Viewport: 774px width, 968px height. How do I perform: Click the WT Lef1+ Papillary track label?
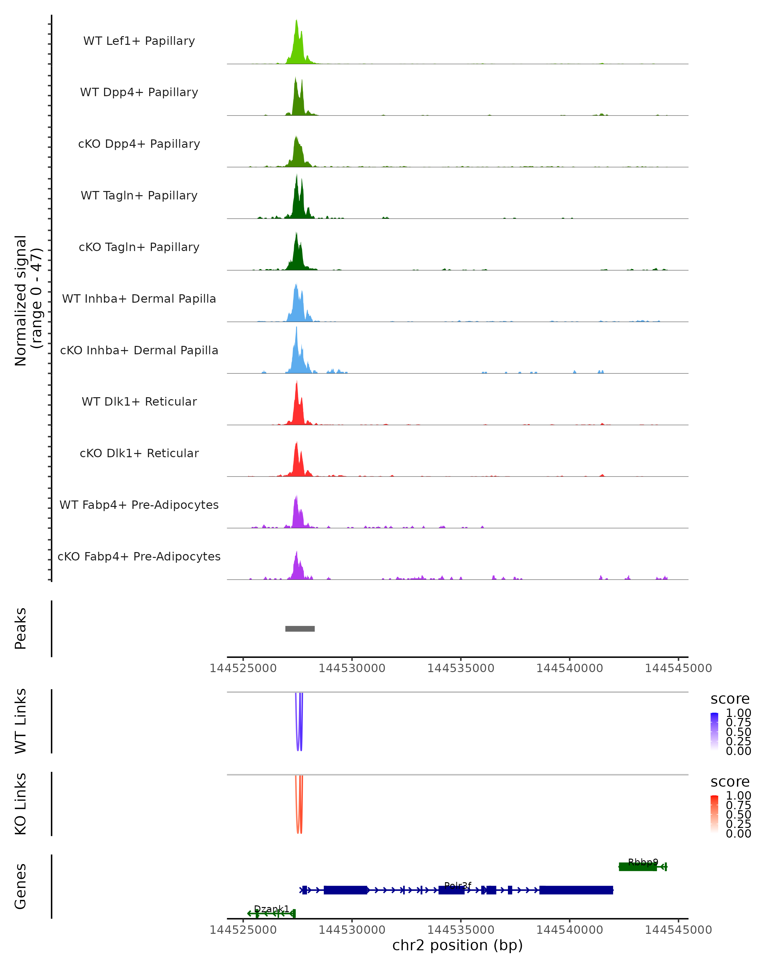pos(139,41)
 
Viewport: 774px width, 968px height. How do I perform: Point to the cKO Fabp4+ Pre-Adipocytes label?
pos(139,556)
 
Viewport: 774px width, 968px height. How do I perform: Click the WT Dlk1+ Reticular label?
pos(139,401)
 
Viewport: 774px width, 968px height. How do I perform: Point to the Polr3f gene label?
pos(458,885)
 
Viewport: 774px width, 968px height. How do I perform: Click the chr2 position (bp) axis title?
pos(457,945)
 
